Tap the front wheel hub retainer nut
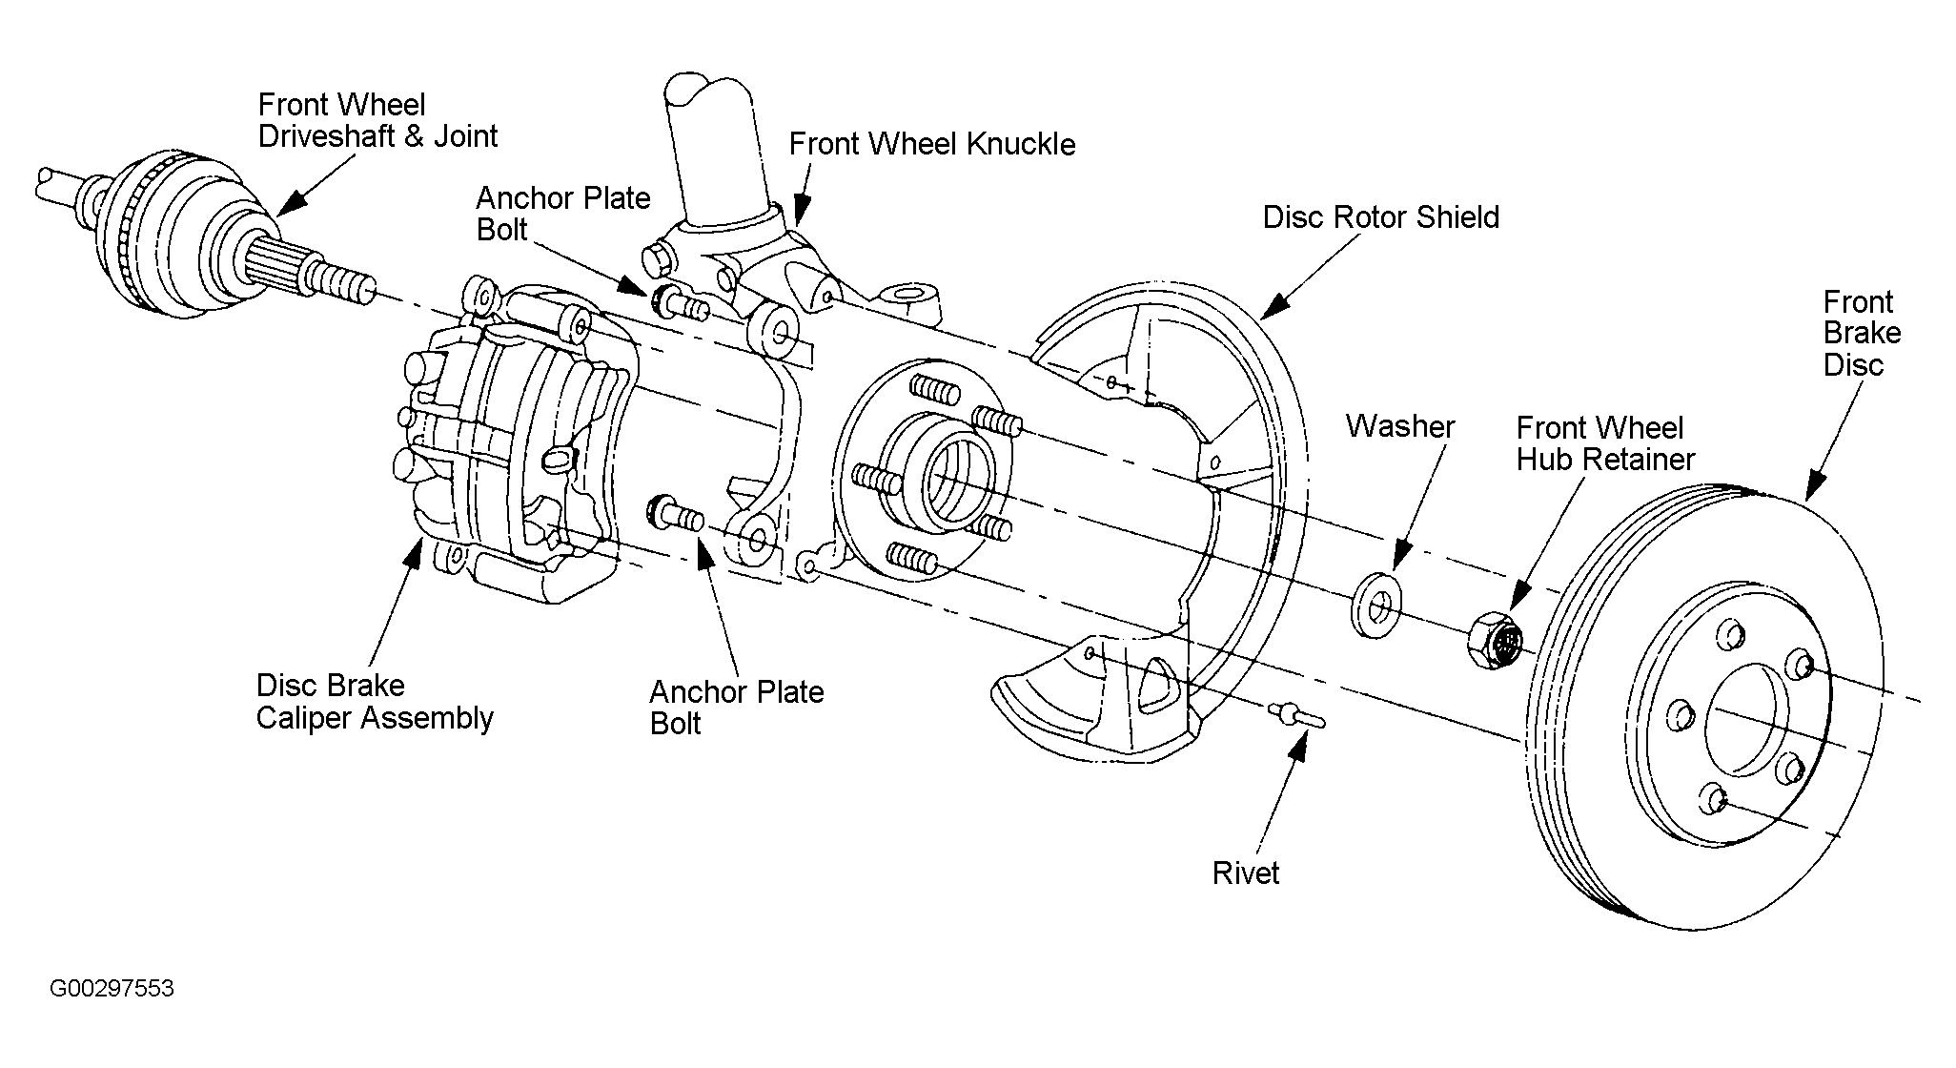(x=1495, y=641)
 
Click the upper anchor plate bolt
(x=678, y=304)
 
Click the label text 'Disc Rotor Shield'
(x=1380, y=217)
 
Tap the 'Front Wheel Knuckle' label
(x=931, y=144)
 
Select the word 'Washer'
(x=1399, y=426)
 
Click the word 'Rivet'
(x=1245, y=873)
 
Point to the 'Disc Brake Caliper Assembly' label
(x=375, y=701)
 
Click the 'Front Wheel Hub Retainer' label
(x=1605, y=443)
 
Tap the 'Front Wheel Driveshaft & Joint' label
(x=377, y=120)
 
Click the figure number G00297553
(x=112, y=988)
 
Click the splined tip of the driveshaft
(x=338, y=280)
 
